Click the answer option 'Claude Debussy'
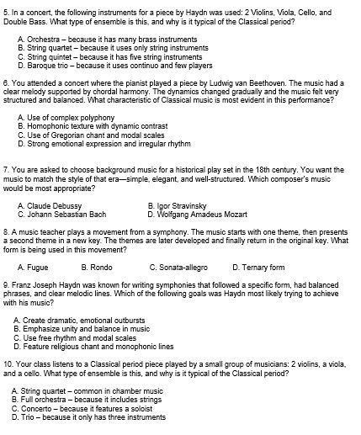[55, 205]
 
